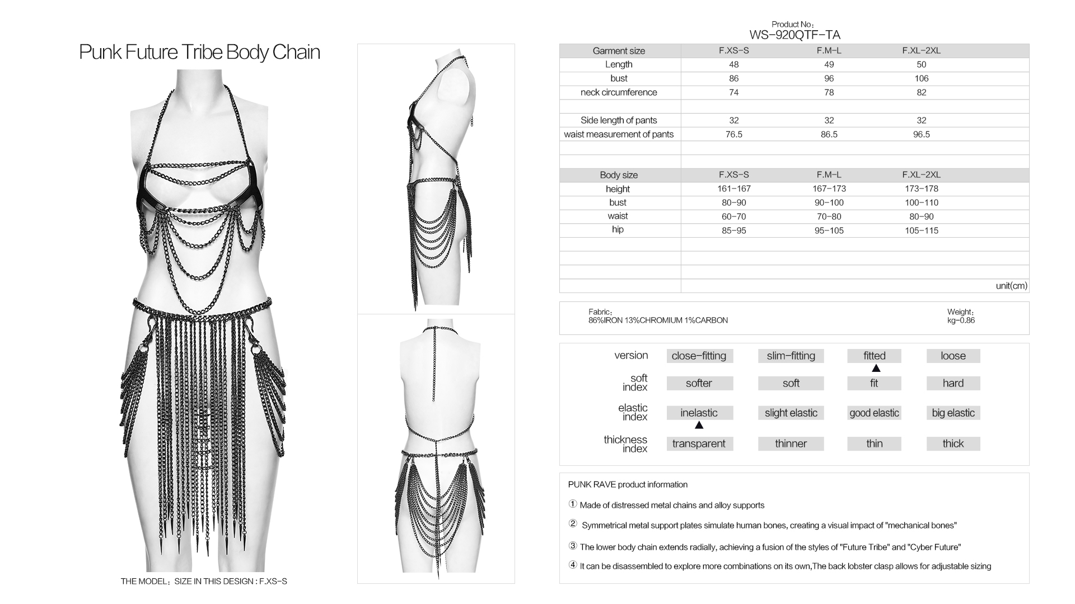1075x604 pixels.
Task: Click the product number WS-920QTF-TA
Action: (794, 35)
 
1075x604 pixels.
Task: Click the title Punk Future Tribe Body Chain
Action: (199, 52)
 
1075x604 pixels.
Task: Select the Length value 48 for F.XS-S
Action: (733, 64)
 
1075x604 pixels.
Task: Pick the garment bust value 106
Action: (921, 78)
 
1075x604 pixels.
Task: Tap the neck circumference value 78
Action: (829, 92)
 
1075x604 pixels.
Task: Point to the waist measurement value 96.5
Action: (921, 134)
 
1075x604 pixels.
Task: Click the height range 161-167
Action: (733, 189)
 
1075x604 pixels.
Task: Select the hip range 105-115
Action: (921, 230)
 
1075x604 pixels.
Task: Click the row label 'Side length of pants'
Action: (619, 120)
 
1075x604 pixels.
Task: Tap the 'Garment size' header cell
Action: (619, 51)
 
